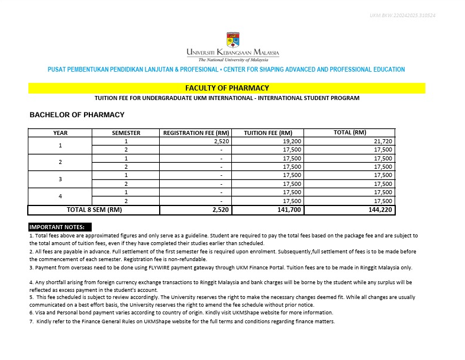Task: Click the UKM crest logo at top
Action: click(233, 40)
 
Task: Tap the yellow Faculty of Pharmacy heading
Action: click(227, 88)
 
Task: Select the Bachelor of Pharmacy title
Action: click(77, 115)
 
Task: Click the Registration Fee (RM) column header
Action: click(196, 133)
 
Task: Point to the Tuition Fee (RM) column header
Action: click(268, 133)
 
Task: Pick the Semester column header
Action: click(126, 133)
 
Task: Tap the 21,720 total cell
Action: click(383, 142)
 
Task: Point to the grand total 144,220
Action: click(381, 210)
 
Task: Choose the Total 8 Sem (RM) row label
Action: click(94, 210)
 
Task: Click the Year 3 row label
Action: click(60, 179)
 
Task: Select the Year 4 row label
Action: click(60, 196)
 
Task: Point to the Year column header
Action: click(60, 133)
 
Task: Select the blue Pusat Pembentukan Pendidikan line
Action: click(227, 70)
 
